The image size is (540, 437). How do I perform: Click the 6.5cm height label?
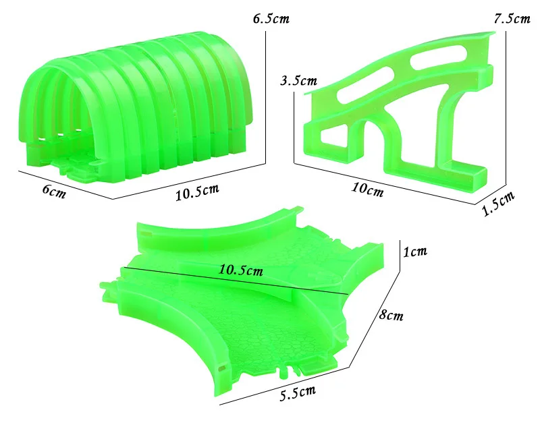[x=271, y=19]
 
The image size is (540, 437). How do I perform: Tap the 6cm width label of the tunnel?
[x=54, y=191]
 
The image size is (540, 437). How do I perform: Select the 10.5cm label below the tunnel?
[x=197, y=192]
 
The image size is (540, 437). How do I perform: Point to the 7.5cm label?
[x=512, y=19]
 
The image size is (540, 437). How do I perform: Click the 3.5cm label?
[x=298, y=81]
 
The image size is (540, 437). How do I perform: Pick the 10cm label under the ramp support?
[x=367, y=190]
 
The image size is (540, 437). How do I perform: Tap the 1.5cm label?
[x=498, y=203]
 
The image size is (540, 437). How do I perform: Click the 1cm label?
[x=415, y=252]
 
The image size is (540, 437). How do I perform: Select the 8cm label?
[x=391, y=314]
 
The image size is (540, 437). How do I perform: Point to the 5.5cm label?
[x=298, y=393]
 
